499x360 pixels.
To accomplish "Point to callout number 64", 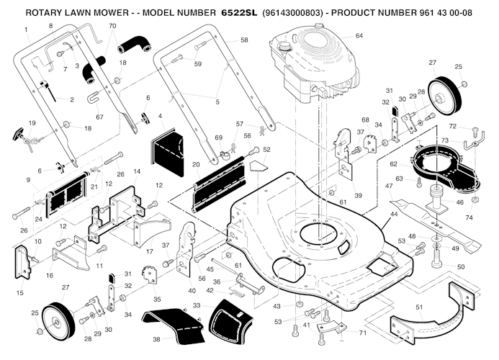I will (x=359, y=35).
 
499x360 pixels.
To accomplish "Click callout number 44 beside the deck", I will (x=394, y=215).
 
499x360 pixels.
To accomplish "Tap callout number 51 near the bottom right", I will (x=420, y=307).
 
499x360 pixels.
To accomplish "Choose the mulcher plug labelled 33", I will (x=228, y=314).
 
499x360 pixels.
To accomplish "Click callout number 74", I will (x=469, y=217).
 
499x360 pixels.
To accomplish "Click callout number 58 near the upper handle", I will (x=243, y=41).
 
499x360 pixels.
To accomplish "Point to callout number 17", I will (x=150, y=251).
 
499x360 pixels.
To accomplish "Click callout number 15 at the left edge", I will (x=19, y=292).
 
